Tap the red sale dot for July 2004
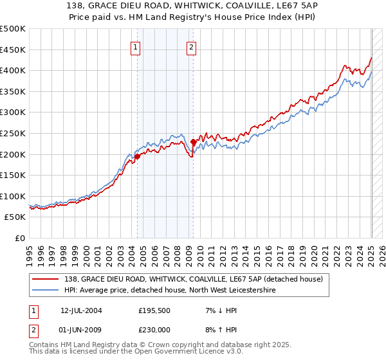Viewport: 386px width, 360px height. [x=137, y=156]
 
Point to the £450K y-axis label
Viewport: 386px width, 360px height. [x=13, y=50]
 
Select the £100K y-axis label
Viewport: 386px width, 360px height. [x=13, y=196]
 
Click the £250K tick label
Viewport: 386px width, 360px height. [x=13, y=133]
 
